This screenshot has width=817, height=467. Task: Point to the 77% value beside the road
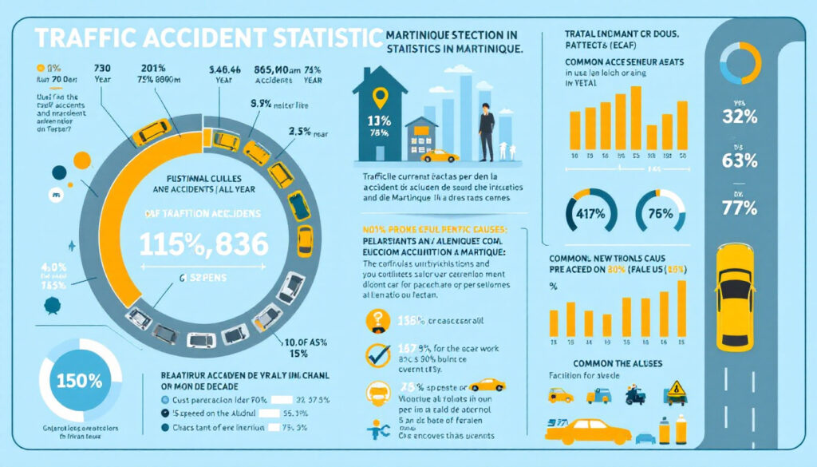pos(738,208)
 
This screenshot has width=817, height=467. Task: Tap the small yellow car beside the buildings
pos(440,156)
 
